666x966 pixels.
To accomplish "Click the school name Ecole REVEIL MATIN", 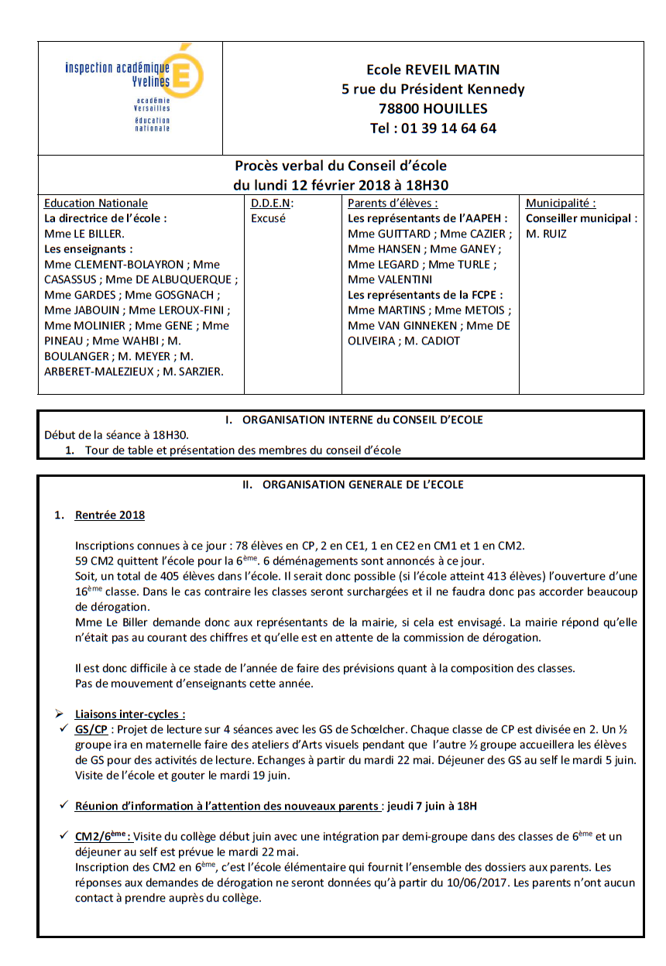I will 433,70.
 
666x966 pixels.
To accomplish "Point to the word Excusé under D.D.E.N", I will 268,218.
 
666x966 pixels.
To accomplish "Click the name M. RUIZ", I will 546,234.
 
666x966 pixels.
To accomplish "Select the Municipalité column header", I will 561,204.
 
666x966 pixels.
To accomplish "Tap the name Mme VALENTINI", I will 390,279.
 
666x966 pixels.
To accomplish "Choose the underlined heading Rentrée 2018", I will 109,515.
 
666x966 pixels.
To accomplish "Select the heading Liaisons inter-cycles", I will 129,714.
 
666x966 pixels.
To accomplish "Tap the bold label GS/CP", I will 91,729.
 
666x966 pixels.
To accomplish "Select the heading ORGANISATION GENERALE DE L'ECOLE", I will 362,485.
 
